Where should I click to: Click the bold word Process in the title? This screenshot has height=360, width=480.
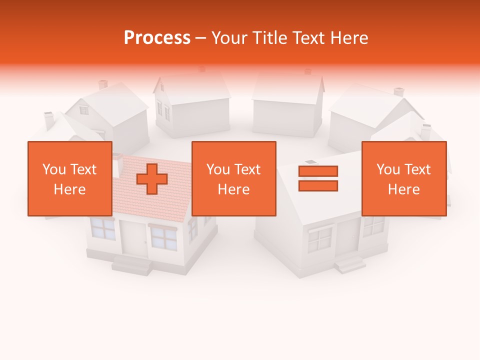[x=157, y=38]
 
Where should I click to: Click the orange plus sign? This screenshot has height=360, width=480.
[x=152, y=179]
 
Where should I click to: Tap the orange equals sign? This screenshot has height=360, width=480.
[x=318, y=178]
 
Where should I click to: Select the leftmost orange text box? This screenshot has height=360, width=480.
[x=70, y=178]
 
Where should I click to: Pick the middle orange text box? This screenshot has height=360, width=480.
[x=233, y=178]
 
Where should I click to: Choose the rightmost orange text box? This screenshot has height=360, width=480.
[x=403, y=178]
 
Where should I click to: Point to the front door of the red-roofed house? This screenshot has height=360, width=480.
[x=133, y=238]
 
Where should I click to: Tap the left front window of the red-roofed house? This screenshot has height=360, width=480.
[x=103, y=229]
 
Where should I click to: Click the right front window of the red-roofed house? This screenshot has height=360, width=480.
[x=163, y=237]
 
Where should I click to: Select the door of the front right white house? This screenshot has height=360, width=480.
[x=348, y=236]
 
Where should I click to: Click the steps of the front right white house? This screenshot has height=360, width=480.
[x=349, y=263]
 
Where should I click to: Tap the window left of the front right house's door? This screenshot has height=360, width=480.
[x=320, y=239]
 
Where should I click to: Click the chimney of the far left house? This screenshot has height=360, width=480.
[x=49, y=120]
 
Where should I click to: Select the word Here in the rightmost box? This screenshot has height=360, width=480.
[x=403, y=189]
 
